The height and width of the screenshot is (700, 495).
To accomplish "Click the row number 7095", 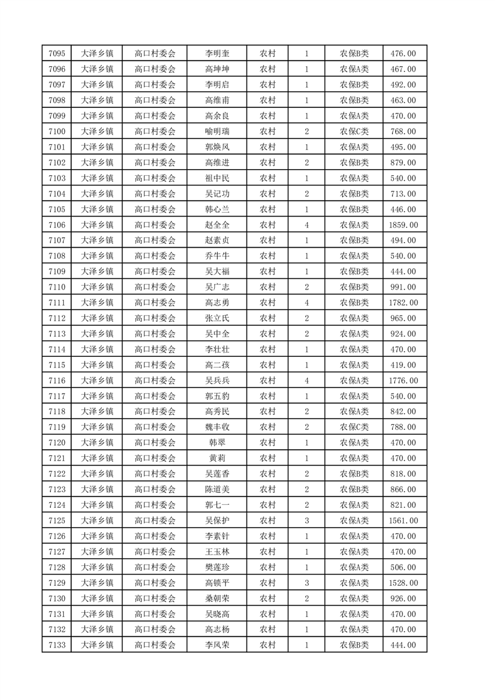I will click(56, 54).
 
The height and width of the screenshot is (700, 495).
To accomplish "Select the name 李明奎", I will click(217, 54).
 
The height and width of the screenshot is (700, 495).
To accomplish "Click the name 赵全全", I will click(217, 225).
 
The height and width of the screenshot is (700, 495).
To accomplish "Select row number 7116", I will click(56, 381).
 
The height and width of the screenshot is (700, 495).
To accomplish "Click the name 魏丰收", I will click(217, 427).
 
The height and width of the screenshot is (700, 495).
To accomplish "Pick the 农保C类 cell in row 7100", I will click(354, 132).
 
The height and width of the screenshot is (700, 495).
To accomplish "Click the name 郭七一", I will click(217, 505).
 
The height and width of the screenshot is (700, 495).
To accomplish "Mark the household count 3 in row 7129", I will click(306, 583).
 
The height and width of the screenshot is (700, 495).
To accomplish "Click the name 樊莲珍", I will click(217, 567).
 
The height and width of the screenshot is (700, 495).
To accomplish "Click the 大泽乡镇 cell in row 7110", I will click(97, 287).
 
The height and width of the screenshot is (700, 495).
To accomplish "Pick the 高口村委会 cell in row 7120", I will click(155, 443).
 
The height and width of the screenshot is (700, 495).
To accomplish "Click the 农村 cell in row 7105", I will click(267, 209).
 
